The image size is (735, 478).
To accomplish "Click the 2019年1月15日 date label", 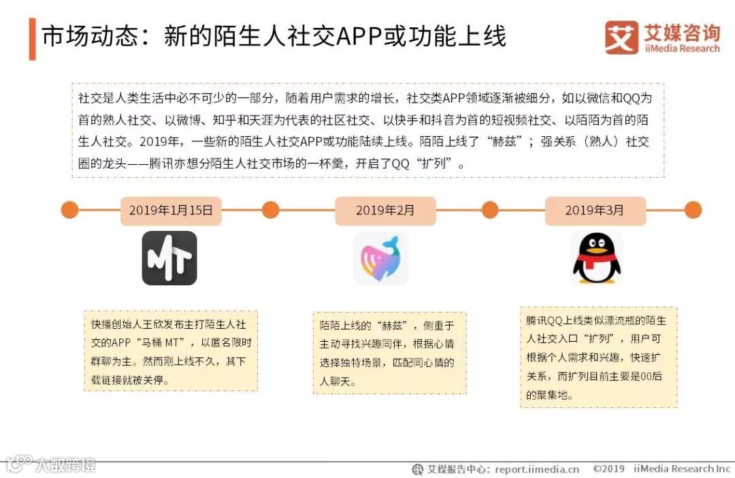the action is (x=171, y=210).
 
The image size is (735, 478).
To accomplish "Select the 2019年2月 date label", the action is (x=385, y=210).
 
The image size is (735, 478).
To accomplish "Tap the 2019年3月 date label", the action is (x=594, y=210).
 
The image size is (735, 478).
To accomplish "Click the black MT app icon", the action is (x=169, y=258).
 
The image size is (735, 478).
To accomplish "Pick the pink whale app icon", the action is (x=381, y=258).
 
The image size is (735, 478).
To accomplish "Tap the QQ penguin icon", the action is (x=596, y=257).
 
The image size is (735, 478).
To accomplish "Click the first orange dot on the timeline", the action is (x=69, y=210).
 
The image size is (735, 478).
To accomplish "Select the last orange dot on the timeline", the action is (x=693, y=210).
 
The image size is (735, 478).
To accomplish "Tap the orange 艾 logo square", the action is (x=621, y=37).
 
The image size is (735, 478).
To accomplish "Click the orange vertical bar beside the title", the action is (x=32, y=39).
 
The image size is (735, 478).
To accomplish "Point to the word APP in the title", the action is (x=357, y=36).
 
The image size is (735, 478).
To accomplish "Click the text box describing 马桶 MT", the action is (x=171, y=351).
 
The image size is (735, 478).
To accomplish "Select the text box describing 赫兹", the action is (x=389, y=354).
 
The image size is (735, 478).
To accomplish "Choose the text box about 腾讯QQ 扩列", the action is (x=598, y=357).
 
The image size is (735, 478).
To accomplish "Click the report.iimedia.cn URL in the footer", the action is (x=537, y=469).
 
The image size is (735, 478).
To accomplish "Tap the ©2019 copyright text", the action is (x=608, y=469).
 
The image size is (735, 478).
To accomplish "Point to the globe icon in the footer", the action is (x=417, y=469).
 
